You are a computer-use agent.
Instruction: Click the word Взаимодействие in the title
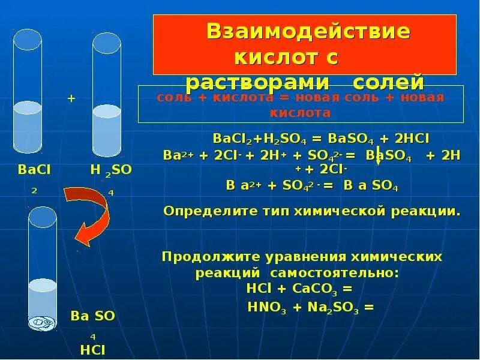[308, 31]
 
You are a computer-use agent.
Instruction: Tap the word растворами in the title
[243, 82]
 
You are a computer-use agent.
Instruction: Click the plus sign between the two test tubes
[71, 98]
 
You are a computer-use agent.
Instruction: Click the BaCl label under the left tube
[34, 170]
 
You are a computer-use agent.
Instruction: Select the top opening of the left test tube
[28, 40]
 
